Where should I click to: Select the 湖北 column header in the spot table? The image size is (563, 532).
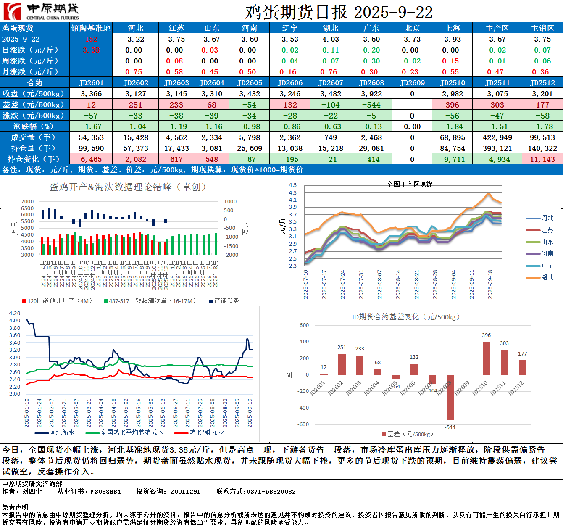click(x=331, y=28)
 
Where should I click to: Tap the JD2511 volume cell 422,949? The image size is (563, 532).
click(x=497, y=137)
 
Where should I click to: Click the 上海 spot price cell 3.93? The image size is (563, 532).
click(x=453, y=39)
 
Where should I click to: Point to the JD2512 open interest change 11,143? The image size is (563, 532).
click(x=542, y=159)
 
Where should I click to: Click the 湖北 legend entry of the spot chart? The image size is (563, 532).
click(x=547, y=277)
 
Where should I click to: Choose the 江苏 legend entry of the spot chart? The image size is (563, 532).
click(x=547, y=230)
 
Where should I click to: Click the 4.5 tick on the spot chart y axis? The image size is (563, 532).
click(x=293, y=185)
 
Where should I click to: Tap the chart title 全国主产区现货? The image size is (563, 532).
click(x=409, y=184)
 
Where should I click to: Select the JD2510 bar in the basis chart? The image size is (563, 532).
click(x=486, y=358)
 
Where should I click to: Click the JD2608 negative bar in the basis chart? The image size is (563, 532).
click(x=450, y=397)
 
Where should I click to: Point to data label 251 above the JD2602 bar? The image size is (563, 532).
click(x=342, y=348)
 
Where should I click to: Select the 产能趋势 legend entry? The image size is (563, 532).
click(x=226, y=301)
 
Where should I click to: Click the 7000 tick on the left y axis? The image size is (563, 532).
click(x=27, y=202)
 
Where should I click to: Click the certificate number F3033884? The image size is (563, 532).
click(x=105, y=492)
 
